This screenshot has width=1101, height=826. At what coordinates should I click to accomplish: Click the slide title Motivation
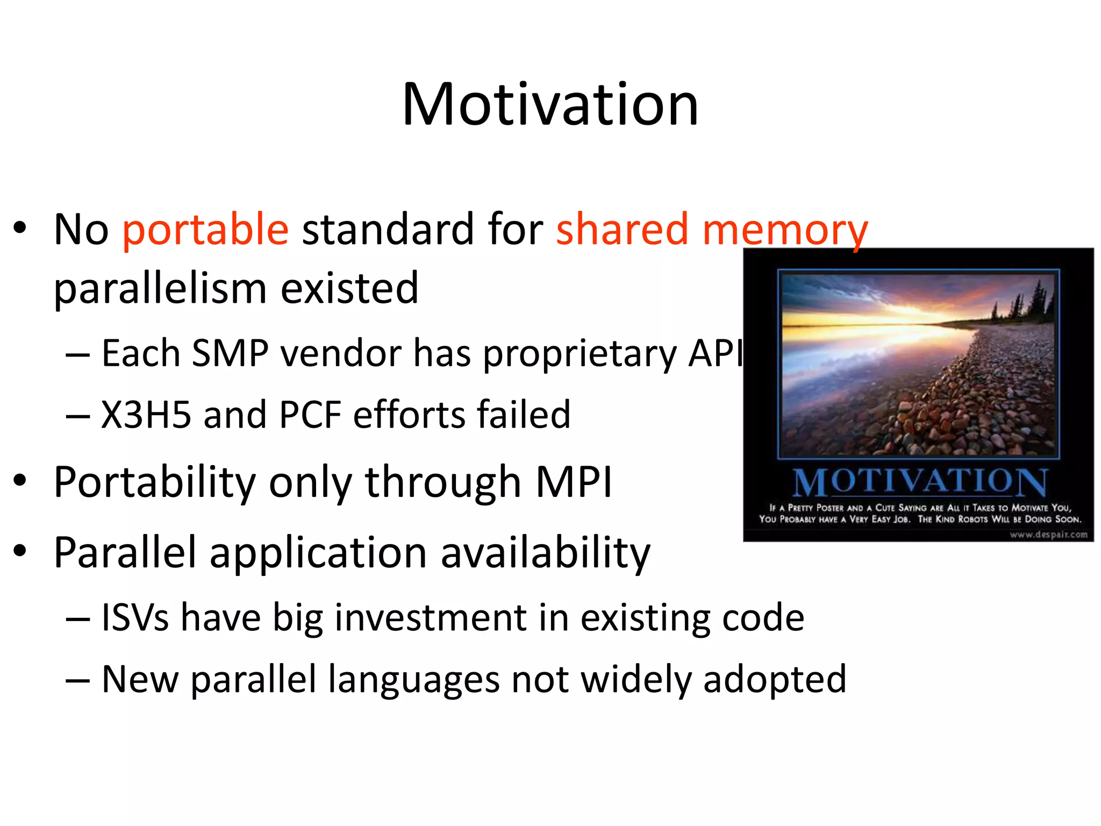pos(550,104)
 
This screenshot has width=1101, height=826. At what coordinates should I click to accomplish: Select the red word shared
pos(622,229)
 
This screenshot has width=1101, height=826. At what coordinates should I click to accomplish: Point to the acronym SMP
pos(230,354)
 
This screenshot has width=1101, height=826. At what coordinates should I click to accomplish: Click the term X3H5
pos(146,415)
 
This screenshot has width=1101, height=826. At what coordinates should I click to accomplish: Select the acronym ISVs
pos(135,617)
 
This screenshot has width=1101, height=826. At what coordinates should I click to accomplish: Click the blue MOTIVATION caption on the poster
pos(920,482)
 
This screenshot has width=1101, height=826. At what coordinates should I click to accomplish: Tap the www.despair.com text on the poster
pos(1048,535)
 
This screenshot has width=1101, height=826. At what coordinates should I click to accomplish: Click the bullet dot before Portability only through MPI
pos(20,480)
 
